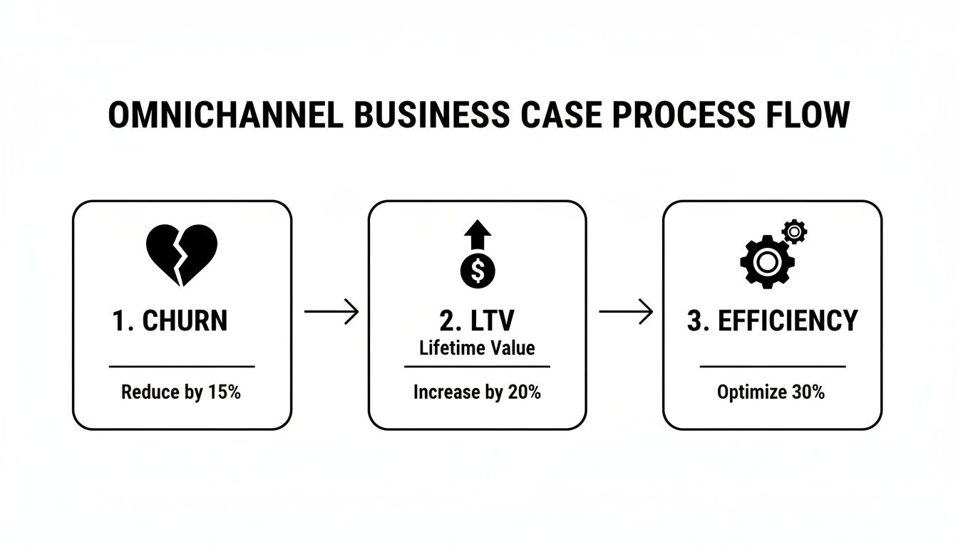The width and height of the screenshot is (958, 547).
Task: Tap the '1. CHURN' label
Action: [x=170, y=321]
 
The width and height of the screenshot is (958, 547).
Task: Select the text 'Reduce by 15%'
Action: [x=181, y=392]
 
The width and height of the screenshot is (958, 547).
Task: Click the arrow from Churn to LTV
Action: [x=331, y=312]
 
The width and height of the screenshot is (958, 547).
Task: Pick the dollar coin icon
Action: [x=477, y=270]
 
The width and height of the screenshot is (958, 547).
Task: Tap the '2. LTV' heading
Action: [x=477, y=321]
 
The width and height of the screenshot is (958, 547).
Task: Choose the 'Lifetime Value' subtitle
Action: [x=477, y=348]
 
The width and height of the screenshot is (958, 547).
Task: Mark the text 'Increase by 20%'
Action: [x=477, y=392]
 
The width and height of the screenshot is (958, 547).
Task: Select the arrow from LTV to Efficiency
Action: [x=625, y=312]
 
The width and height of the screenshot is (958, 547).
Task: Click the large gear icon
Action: [x=767, y=262]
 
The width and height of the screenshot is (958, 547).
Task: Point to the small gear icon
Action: [x=794, y=231]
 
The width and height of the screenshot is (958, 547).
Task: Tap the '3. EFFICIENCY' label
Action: [x=773, y=321]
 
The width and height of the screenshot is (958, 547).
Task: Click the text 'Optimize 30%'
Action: [x=771, y=392]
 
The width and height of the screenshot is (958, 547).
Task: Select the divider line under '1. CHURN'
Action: [x=182, y=367]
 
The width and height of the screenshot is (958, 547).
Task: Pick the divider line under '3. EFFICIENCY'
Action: [x=773, y=367]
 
